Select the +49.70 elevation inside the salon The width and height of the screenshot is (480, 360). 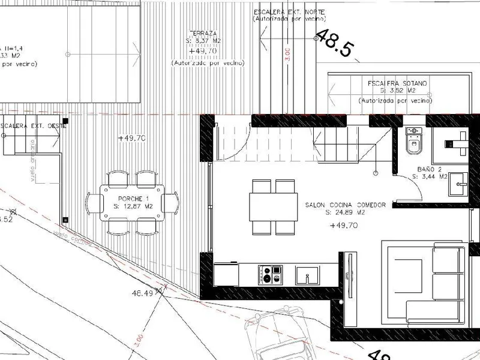coord(344,226)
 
